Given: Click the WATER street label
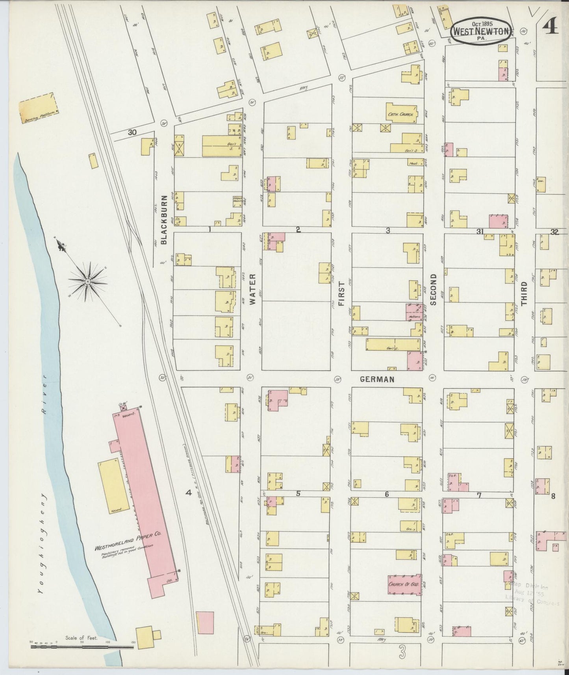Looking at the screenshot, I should (x=252, y=290).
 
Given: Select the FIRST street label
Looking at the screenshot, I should (x=341, y=294).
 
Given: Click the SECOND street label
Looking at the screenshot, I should (x=433, y=290).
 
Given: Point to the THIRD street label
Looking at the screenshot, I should (x=524, y=294).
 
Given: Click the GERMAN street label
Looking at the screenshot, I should (x=377, y=379).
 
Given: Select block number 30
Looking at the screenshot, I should (x=132, y=133).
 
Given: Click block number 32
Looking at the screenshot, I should (x=554, y=232).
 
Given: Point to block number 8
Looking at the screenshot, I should (x=553, y=496).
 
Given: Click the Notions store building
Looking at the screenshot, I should (x=415, y=312).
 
